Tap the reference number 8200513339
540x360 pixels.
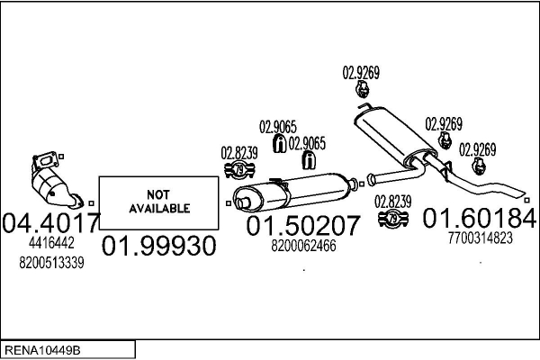(50, 262)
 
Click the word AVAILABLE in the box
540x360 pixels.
(157, 208)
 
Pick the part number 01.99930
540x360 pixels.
(158, 245)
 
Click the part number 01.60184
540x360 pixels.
(480, 219)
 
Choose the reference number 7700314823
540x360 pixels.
(480, 238)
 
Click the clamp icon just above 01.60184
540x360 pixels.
(392, 219)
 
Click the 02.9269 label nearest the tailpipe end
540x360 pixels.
(477, 149)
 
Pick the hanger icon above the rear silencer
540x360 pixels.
(361, 90)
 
